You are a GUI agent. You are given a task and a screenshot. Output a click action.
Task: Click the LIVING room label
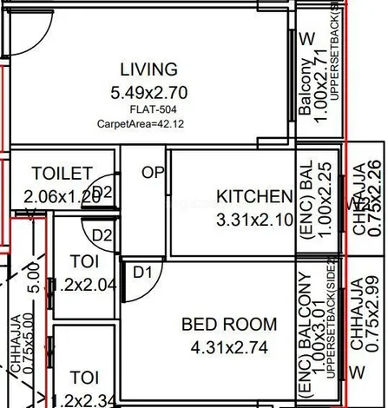tap(148, 69)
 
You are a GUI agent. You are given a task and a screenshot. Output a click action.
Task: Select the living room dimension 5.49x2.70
tap(148, 89)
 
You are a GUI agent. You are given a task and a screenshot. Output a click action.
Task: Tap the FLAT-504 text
tap(148, 109)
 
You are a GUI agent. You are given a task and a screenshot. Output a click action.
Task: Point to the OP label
tap(153, 173)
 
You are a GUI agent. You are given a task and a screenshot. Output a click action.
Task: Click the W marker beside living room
tap(306, 39)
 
